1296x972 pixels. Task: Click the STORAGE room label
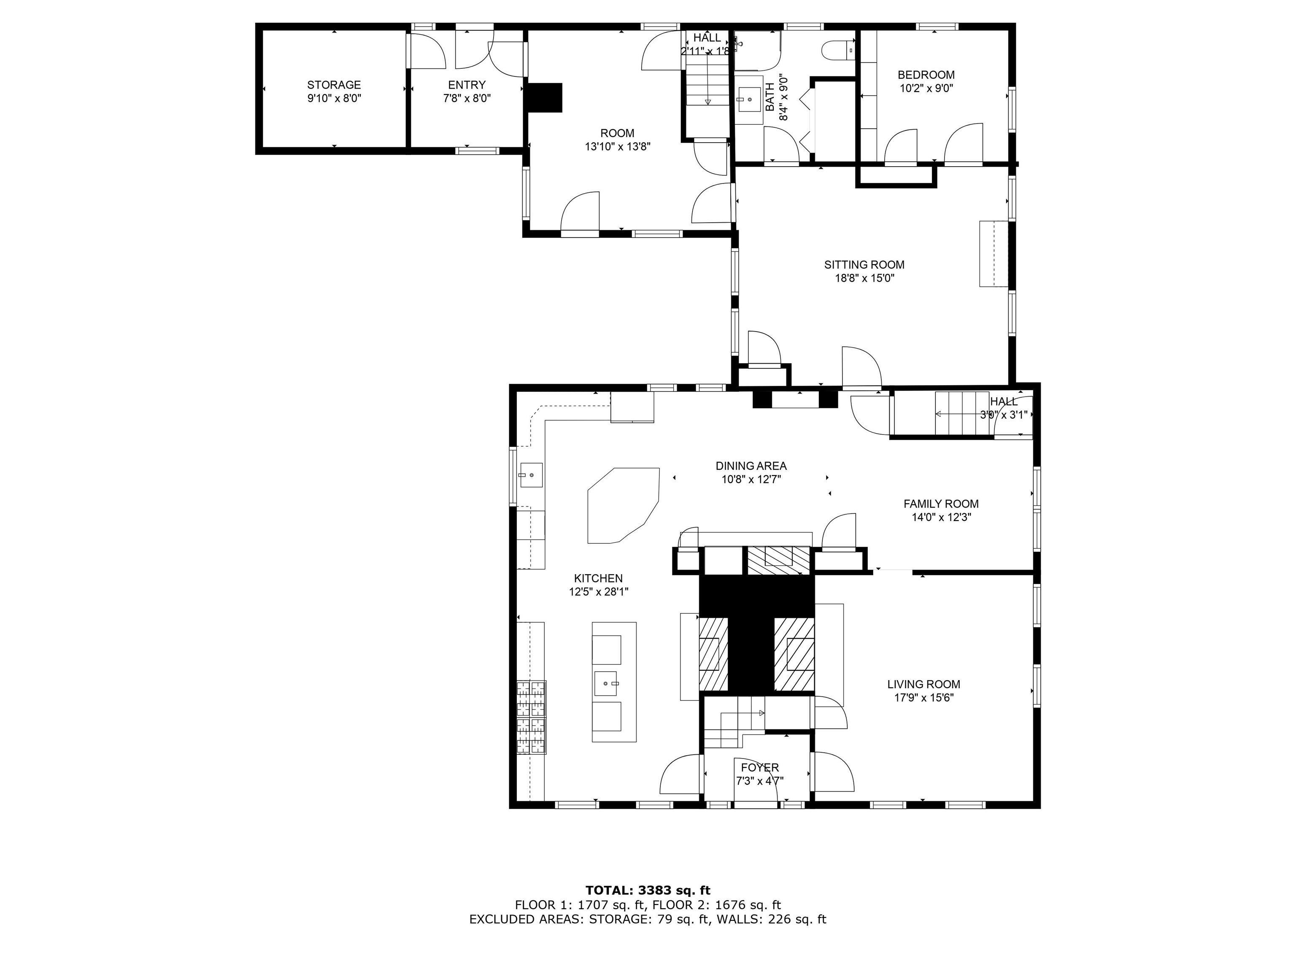click(334, 85)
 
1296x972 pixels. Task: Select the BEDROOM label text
click(926, 75)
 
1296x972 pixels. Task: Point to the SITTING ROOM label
click(864, 265)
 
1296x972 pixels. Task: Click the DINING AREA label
click(751, 466)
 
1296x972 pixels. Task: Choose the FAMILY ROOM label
click(941, 504)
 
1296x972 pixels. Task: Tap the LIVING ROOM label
click(923, 684)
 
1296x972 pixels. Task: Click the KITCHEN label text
click(598, 578)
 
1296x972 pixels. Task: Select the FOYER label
click(760, 767)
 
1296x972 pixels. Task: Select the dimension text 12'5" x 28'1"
click(598, 592)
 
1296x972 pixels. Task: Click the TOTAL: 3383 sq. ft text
click(648, 891)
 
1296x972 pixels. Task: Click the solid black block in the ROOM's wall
click(545, 97)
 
